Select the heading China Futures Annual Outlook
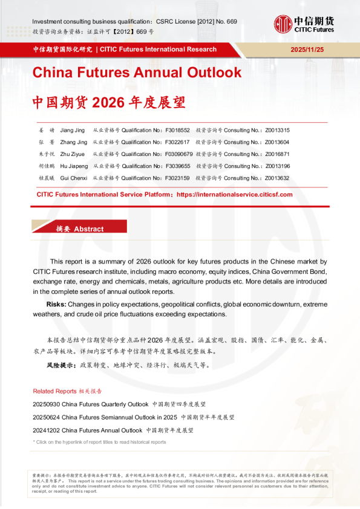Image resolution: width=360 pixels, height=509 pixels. click(137, 73)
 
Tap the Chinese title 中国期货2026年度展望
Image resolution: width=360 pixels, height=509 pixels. click(109, 101)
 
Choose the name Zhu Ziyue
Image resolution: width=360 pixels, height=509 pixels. click(74, 154)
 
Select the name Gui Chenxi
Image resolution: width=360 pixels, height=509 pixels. click(74, 178)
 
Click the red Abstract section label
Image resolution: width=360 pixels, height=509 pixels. click(79, 229)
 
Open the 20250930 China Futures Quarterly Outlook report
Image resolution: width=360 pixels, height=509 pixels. click(90, 404)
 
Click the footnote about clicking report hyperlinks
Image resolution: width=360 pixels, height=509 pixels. click(99, 442)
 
